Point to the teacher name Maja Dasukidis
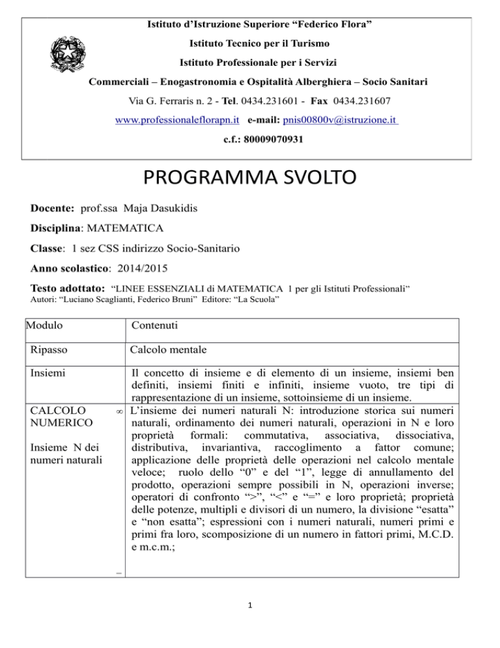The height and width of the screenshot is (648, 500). pos(153,205)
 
